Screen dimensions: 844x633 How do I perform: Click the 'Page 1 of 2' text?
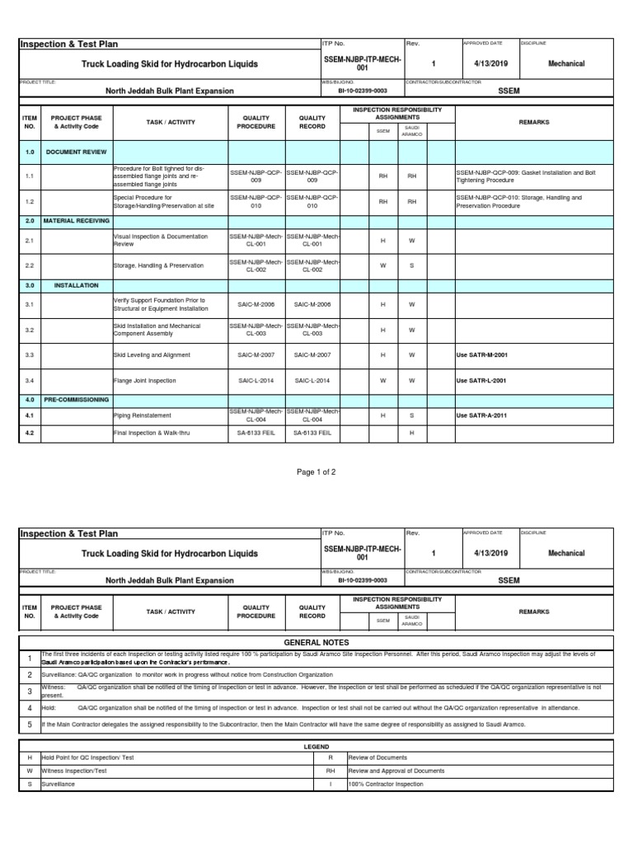[x=316, y=471]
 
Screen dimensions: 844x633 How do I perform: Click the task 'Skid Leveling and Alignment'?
[x=152, y=355]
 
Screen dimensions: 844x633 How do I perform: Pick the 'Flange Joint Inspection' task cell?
[x=144, y=381]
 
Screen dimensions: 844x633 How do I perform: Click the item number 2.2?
[x=30, y=265]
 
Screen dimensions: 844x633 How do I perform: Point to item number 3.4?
[x=30, y=381]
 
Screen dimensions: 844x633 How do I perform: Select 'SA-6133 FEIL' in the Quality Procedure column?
[x=256, y=433]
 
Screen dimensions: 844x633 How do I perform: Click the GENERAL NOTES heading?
[x=316, y=642]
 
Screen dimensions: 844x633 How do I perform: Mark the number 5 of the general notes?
[x=30, y=724]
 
